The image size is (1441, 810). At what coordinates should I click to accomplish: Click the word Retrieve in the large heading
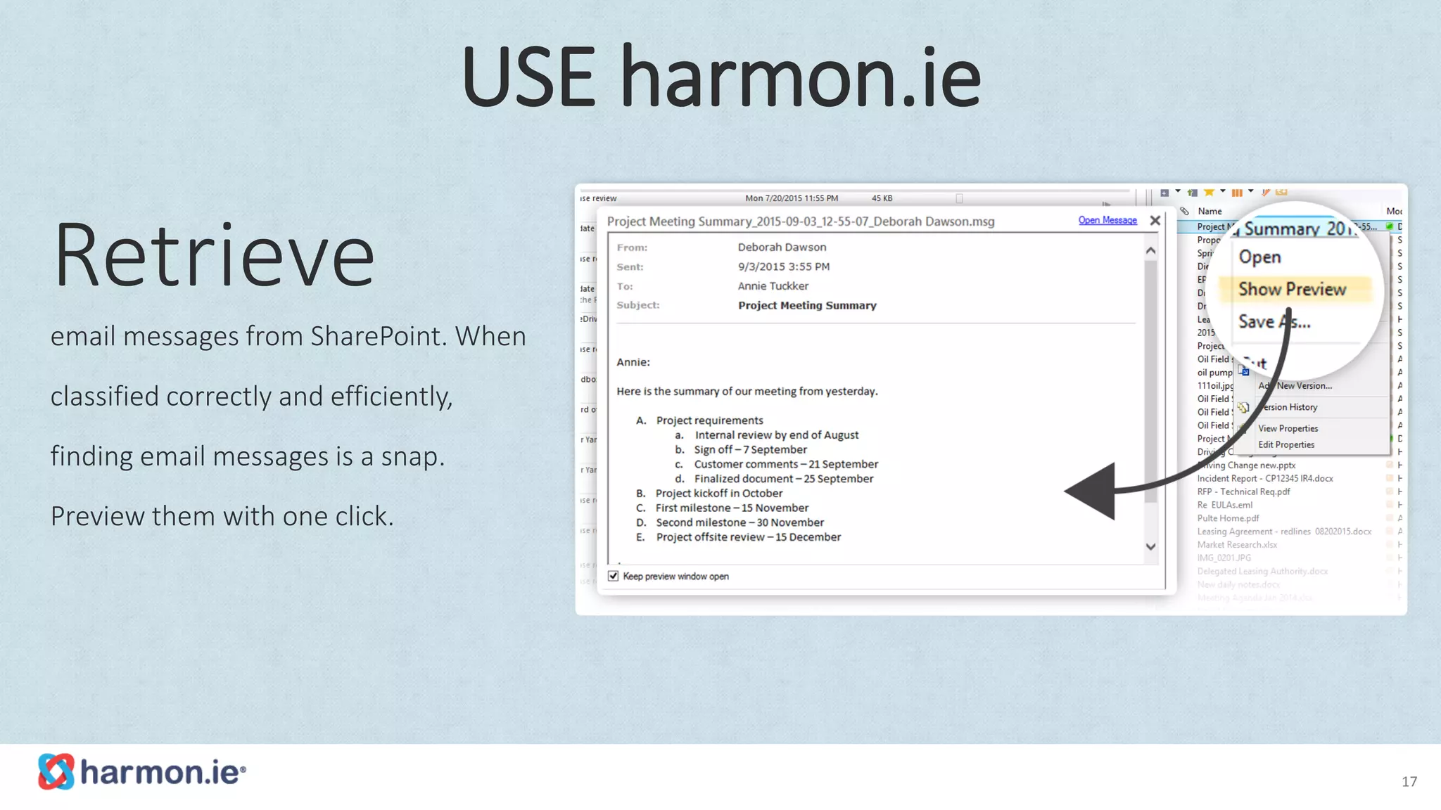(214, 256)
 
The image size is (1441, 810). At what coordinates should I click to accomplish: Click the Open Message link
(1107, 221)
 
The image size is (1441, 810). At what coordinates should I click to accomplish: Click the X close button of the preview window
(1155, 221)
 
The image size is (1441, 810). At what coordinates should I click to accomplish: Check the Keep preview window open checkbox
(614, 576)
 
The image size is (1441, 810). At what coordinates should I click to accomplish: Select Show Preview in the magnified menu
(1292, 290)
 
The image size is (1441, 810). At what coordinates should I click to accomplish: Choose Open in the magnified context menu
(1259, 257)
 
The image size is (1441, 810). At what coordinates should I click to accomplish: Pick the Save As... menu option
(1274, 322)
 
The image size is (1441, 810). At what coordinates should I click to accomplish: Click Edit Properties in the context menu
(1286, 444)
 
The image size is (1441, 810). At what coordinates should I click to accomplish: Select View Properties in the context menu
(1288, 428)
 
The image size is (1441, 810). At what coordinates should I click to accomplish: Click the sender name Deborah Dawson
(782, 247)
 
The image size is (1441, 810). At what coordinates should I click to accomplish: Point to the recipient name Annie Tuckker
(773, 286)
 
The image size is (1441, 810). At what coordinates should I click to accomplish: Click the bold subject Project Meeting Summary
(807, 305)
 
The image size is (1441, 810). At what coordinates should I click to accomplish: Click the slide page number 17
(1409, 782)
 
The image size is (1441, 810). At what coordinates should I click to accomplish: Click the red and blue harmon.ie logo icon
(56, 771)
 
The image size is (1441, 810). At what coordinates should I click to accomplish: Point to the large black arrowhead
(1094, 491)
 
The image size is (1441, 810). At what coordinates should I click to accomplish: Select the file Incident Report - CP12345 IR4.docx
(1264, 478)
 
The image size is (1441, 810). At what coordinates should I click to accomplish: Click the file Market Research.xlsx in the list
(1237, 544)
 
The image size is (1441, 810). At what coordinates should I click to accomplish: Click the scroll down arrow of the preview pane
(1150, 546)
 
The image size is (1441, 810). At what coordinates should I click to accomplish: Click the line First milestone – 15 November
(732, 508)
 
